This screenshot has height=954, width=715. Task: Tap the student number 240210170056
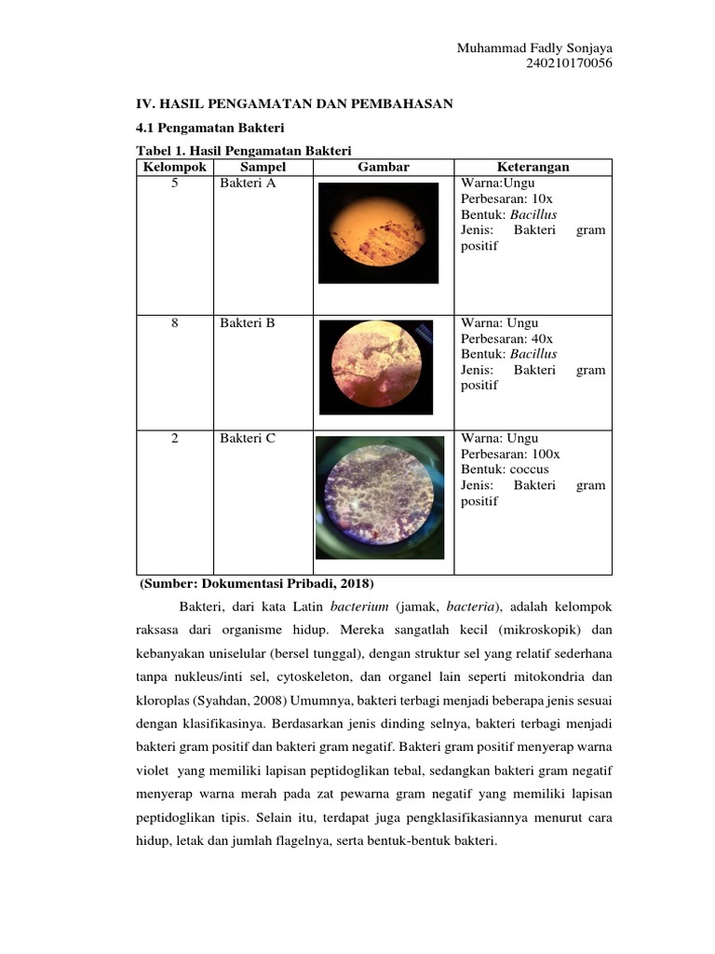click(x=569, y=63)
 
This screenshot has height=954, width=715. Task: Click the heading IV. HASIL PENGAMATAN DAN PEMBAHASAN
click(x=294, y=103)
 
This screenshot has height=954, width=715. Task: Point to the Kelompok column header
click(x=173, y=167)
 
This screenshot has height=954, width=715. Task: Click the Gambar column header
click(x=383, y=167)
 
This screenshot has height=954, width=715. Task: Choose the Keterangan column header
click(x=533, y=167)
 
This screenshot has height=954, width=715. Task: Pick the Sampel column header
click(x=263, y=167)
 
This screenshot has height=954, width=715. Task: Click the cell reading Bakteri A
click(x=248, y=184)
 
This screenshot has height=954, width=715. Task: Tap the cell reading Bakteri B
click(x=248, y=323)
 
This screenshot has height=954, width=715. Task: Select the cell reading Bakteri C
click(x=248, y=438)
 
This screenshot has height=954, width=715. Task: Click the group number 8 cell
click(x=174, y=323)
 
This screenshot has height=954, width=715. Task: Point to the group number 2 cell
click(x=174, y=438)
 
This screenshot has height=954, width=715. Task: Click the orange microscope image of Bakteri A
click(x=378, y=233)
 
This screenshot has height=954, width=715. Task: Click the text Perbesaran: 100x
click(x=510, y=454)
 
